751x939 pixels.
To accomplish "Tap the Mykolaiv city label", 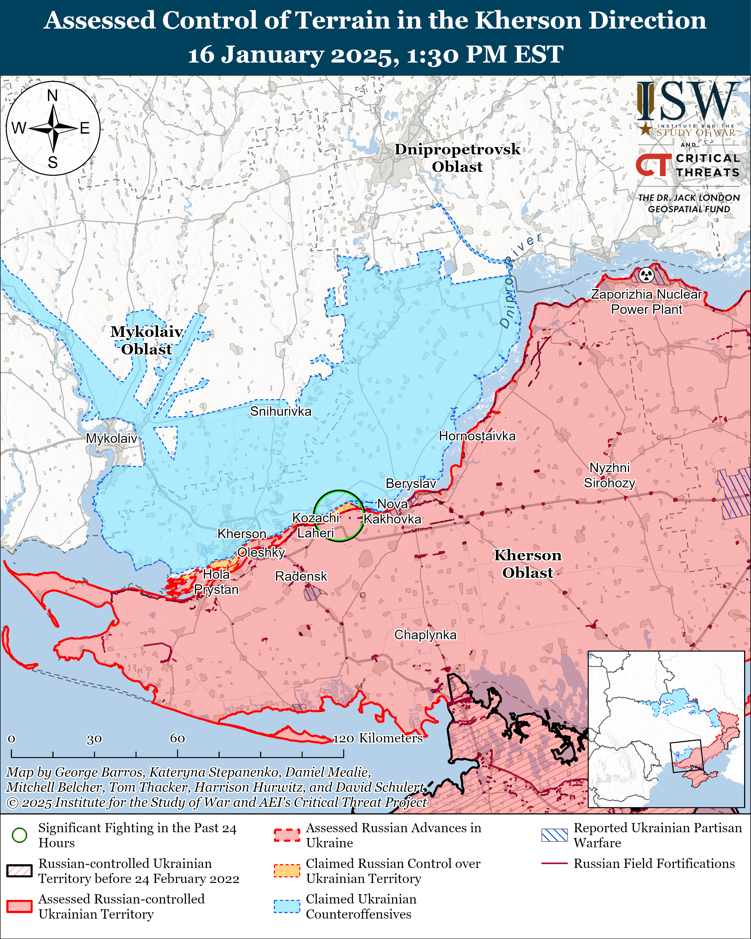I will [112, 438].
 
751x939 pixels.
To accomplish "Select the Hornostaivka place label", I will [477, 436].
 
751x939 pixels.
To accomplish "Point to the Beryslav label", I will [411, 483].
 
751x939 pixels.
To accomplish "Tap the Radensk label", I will [301, 576].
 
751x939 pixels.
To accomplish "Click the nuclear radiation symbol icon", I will [647, 275].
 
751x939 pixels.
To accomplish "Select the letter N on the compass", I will [53, 95].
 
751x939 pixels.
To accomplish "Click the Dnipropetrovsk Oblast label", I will [457, 158].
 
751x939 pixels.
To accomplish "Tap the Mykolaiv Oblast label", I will [146, 340].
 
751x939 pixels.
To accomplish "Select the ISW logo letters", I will [688, 102].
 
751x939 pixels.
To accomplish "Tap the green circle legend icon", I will [20, 835].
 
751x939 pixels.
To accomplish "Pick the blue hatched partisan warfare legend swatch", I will [554, 835].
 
